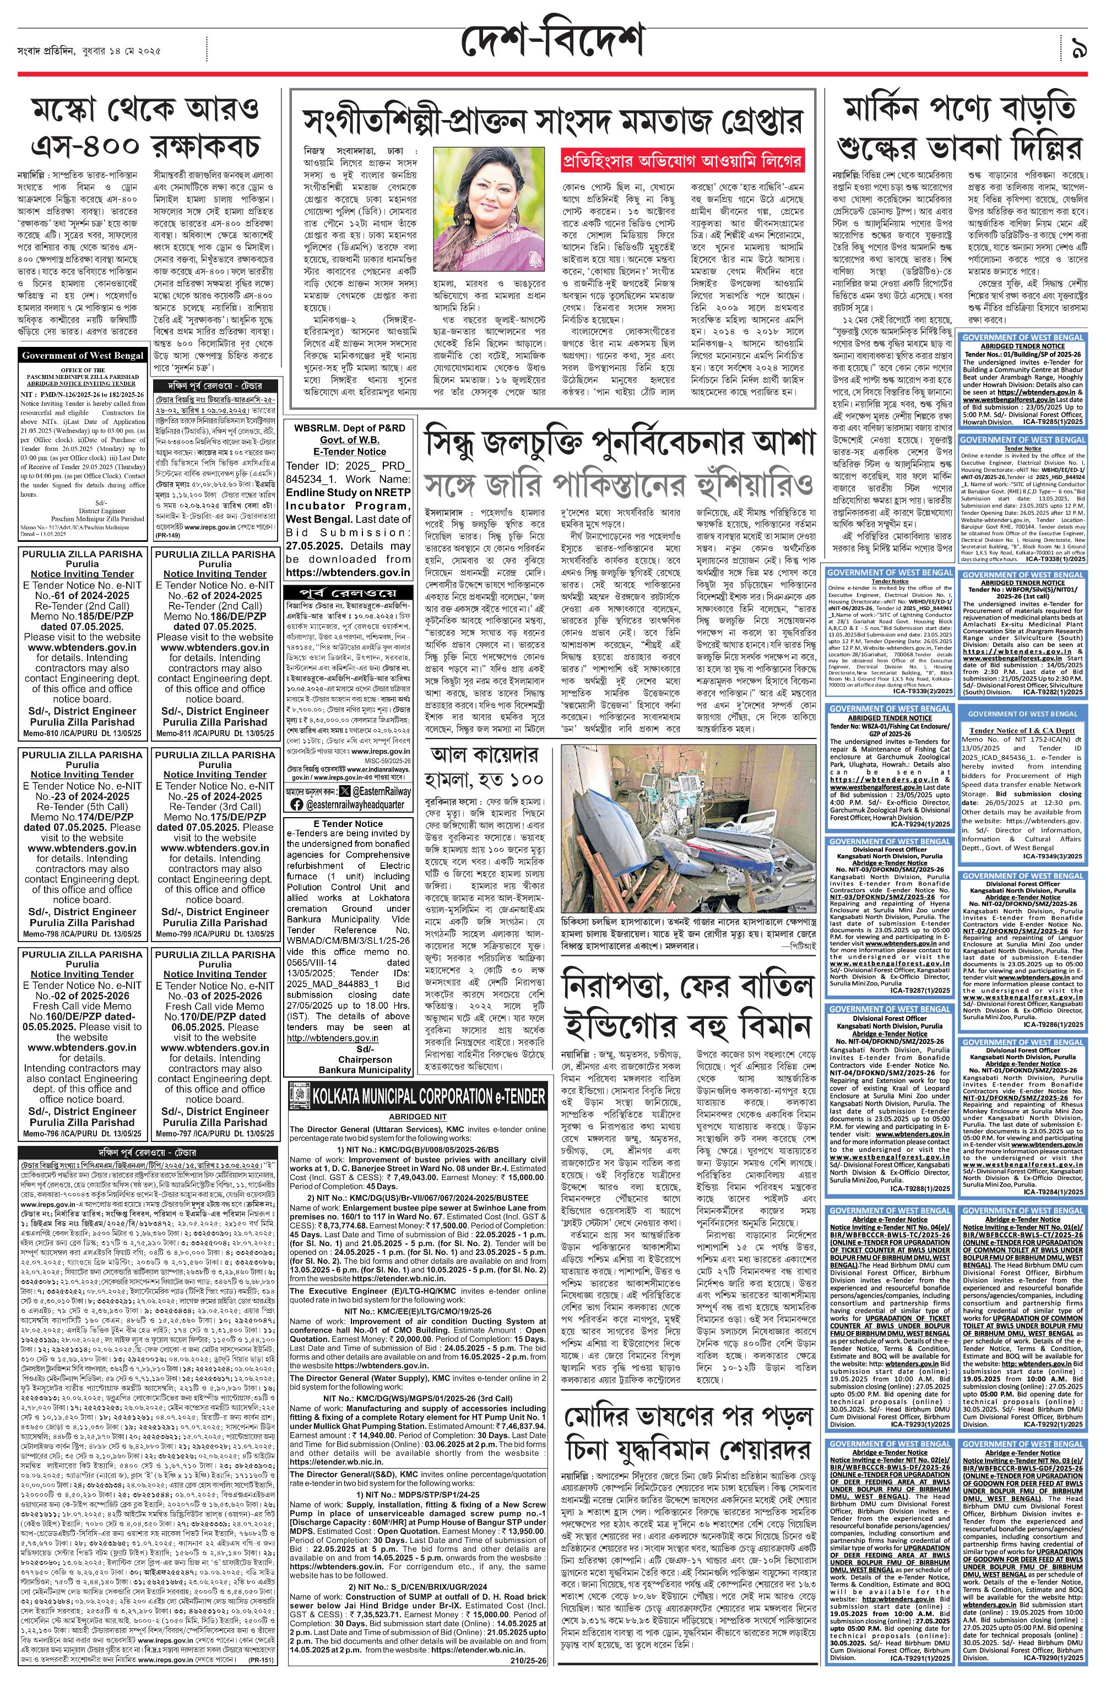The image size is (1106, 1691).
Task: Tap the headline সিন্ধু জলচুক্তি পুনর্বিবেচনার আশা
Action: (619, 444)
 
